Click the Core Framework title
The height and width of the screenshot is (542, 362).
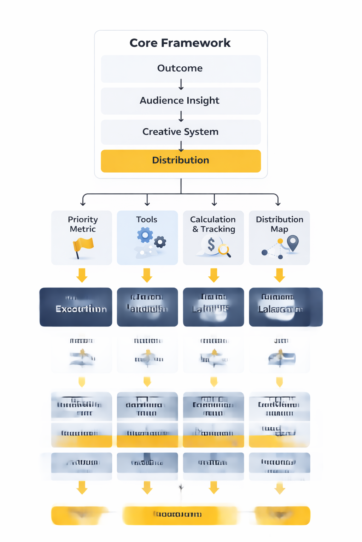pyautogui.click(x=180, y=43)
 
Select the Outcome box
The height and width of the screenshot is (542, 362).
pyautogui.click(x=181, y=68)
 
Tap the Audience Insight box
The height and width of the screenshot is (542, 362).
pyautogui.click(x=181, y=101)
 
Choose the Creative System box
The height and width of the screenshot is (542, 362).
pyautogui.click(x=181, y=132)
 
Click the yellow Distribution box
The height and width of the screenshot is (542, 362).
pyautogui.click(x=181, y=161)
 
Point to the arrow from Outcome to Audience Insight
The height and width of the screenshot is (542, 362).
pyautogui.click(x=181, y=85)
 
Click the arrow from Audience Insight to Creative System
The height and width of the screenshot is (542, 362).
pyautogui.click(x=181, y=116)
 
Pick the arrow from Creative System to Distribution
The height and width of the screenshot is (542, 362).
pyautogui.click(x=181, y=146)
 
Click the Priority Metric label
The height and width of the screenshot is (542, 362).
pyautogui.click(x=83, y=224)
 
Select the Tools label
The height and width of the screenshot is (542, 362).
pyautogui.click(x=147, y=219)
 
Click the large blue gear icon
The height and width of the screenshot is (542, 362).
pyautogui.click(x=145, y=235)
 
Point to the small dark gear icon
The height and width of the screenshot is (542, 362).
pyautogui.click(x=160, y=242)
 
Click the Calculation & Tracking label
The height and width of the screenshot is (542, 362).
pyautogui.click(x=213, y=224)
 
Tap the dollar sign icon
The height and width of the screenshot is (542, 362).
pyautogui.click(x=211, y=244)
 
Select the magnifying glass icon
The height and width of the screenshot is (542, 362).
pyautogui.click(x=224, y=250)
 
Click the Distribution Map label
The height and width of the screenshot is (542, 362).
pyautogui.click(x=279, y=224)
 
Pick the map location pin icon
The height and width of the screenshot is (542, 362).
pyautogui.click(x=293, y=243)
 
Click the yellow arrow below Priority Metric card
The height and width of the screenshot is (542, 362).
pyautogui.click(x=82, y=275)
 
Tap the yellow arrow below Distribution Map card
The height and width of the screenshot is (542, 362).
pyautogui.click(x=279, y=275)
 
